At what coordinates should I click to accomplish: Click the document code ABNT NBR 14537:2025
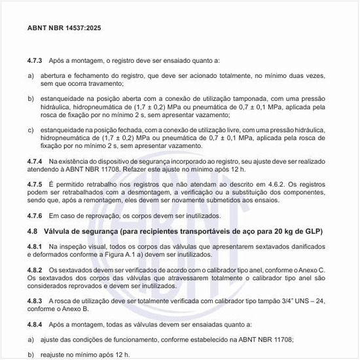point(64,29)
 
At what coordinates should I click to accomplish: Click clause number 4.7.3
point(35,60)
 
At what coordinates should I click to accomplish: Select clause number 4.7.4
point(35,161)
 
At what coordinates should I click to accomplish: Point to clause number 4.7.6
point(35,216)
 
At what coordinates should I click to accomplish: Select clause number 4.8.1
point(35,245)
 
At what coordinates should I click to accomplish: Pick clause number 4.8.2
point(35,270)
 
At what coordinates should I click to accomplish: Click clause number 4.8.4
point(35,324)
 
